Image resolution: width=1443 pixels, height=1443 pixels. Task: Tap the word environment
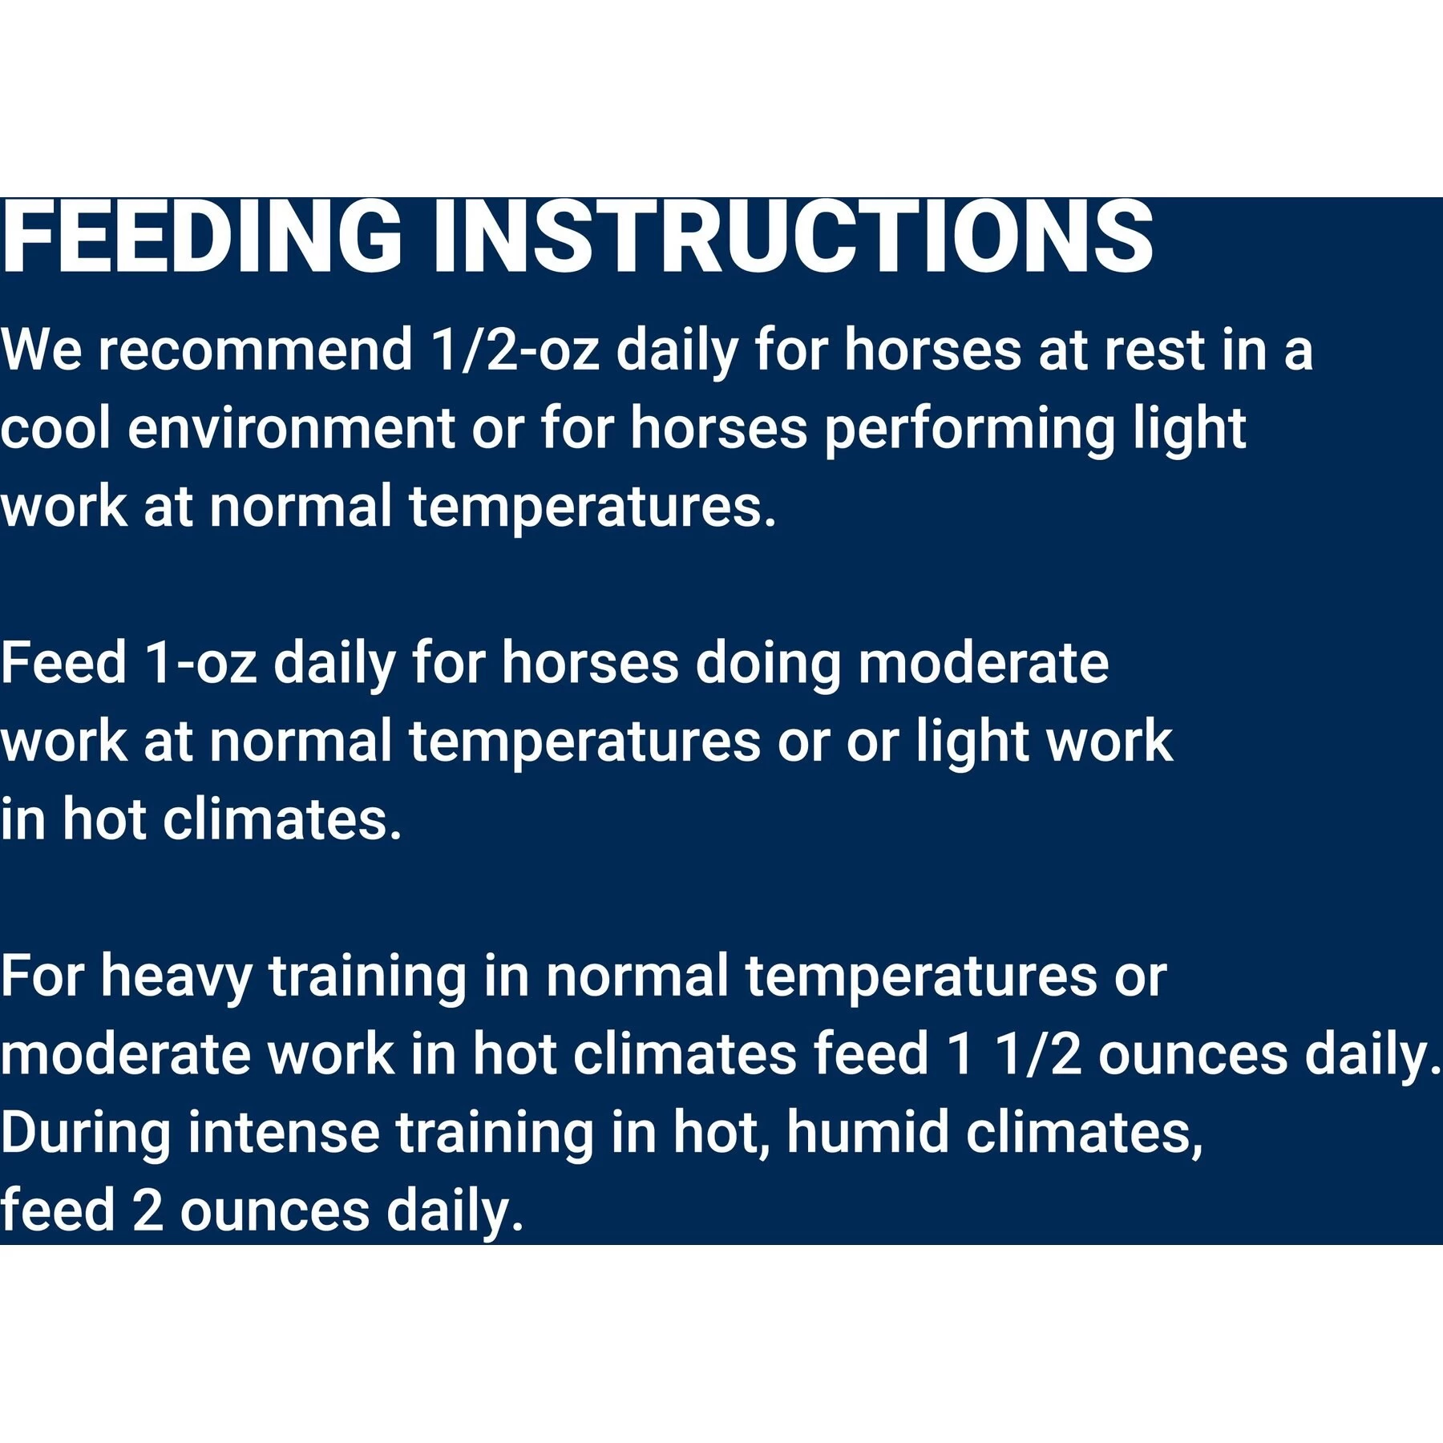[x=292, y=429]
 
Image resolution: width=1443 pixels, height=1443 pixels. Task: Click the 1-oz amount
[x=201, y=663]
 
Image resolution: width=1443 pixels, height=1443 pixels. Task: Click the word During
[x=85, y=1134]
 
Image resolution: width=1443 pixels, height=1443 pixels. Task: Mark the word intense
[x=284, y=1134]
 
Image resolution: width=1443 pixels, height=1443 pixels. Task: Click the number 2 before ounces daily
[x=148, y=1211]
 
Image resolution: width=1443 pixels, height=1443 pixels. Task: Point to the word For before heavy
[x=42, y=976]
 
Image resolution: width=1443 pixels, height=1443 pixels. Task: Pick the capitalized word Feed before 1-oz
[x=63, y=663]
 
